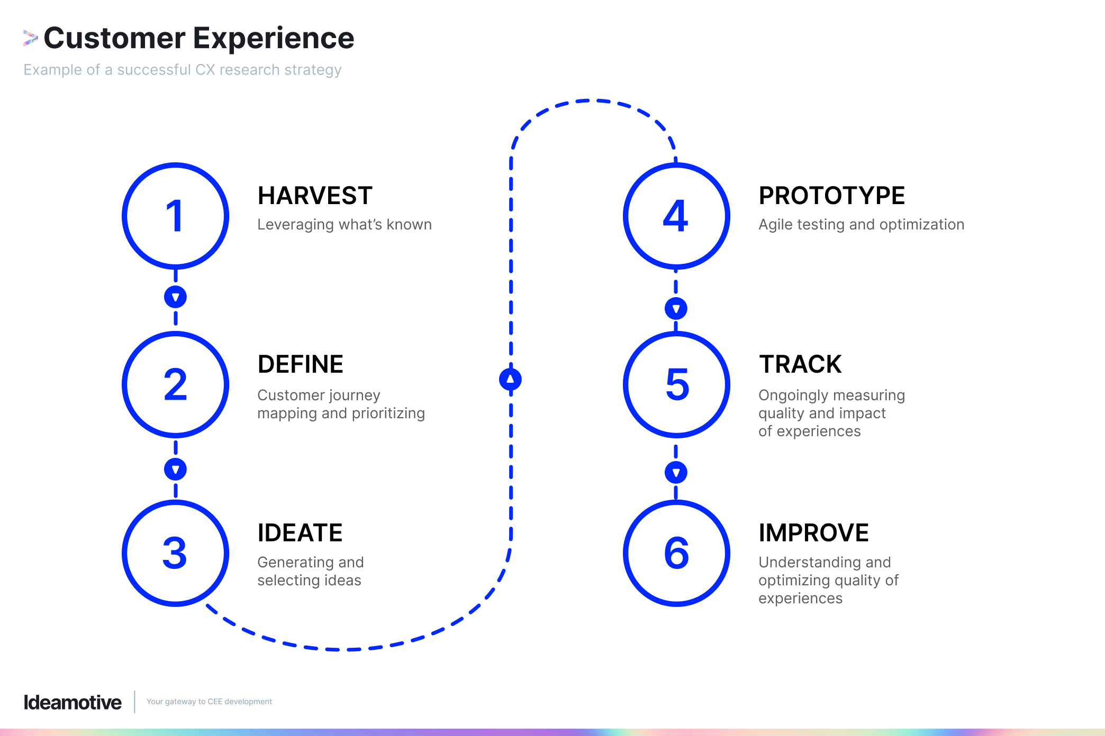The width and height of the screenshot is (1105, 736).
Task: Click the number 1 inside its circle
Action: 175,216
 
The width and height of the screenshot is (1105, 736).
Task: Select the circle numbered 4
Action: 676,216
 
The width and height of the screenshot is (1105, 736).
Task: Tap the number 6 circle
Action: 676,553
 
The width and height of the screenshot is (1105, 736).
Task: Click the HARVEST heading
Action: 315,196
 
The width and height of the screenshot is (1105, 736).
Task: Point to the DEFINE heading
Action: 300,364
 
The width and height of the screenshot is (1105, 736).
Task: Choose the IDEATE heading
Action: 300,533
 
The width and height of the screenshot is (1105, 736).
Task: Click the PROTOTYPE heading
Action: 831,196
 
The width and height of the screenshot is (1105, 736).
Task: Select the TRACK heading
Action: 800,364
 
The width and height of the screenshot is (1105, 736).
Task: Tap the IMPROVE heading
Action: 813,533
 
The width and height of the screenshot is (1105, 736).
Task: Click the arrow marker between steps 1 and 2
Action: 175,297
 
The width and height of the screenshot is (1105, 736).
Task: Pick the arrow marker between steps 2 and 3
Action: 175,469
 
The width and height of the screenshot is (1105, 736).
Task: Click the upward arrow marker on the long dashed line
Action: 510,379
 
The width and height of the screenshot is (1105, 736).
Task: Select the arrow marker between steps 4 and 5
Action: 676,308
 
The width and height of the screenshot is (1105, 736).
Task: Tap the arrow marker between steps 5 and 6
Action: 676,472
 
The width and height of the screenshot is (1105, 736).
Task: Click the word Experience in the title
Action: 273,38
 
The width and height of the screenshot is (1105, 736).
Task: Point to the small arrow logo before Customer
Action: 30,38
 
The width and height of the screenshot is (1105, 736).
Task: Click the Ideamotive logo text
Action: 73,702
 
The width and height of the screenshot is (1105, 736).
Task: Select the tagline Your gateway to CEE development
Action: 209,702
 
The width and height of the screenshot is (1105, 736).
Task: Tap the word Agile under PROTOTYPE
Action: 775,225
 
